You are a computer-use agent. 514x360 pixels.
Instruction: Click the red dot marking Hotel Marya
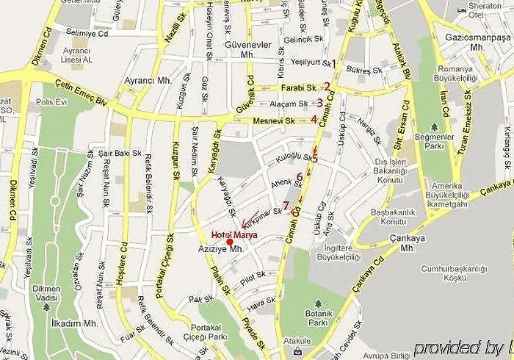pos(230,242)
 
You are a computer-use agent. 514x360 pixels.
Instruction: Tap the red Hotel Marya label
pos(230,234)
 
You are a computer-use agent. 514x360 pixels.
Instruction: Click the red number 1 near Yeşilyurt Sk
pos(333,64)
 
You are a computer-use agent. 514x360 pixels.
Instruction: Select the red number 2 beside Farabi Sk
pos(327,87)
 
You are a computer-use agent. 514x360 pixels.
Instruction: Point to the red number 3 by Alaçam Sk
pos(320,103)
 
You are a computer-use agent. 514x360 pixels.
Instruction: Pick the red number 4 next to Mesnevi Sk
pos(314,120)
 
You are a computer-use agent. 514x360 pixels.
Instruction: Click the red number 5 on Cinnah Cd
pos(315,158)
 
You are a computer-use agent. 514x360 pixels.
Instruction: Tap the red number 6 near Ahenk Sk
pos(300,176)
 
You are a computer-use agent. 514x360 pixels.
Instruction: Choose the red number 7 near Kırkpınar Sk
pos(286,206)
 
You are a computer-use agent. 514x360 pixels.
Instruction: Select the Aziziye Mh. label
pos(227,251)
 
